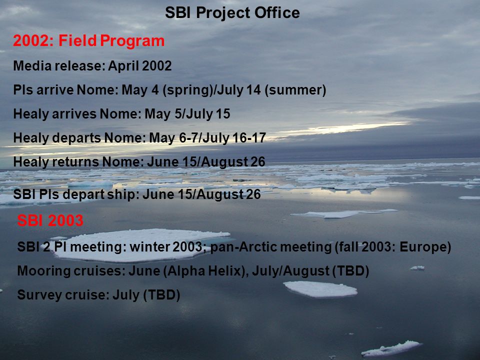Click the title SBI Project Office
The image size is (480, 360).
pos(232,13)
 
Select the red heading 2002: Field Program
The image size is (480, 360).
pos(89,41)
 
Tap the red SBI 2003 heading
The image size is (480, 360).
pos(50,220)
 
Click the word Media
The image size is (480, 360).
pos(32,66)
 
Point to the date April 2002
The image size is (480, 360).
pos(140,66)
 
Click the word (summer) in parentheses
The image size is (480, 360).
pos(295,90)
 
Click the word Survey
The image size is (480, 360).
pos(36,295)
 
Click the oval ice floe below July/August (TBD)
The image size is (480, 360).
pos(320,289)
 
